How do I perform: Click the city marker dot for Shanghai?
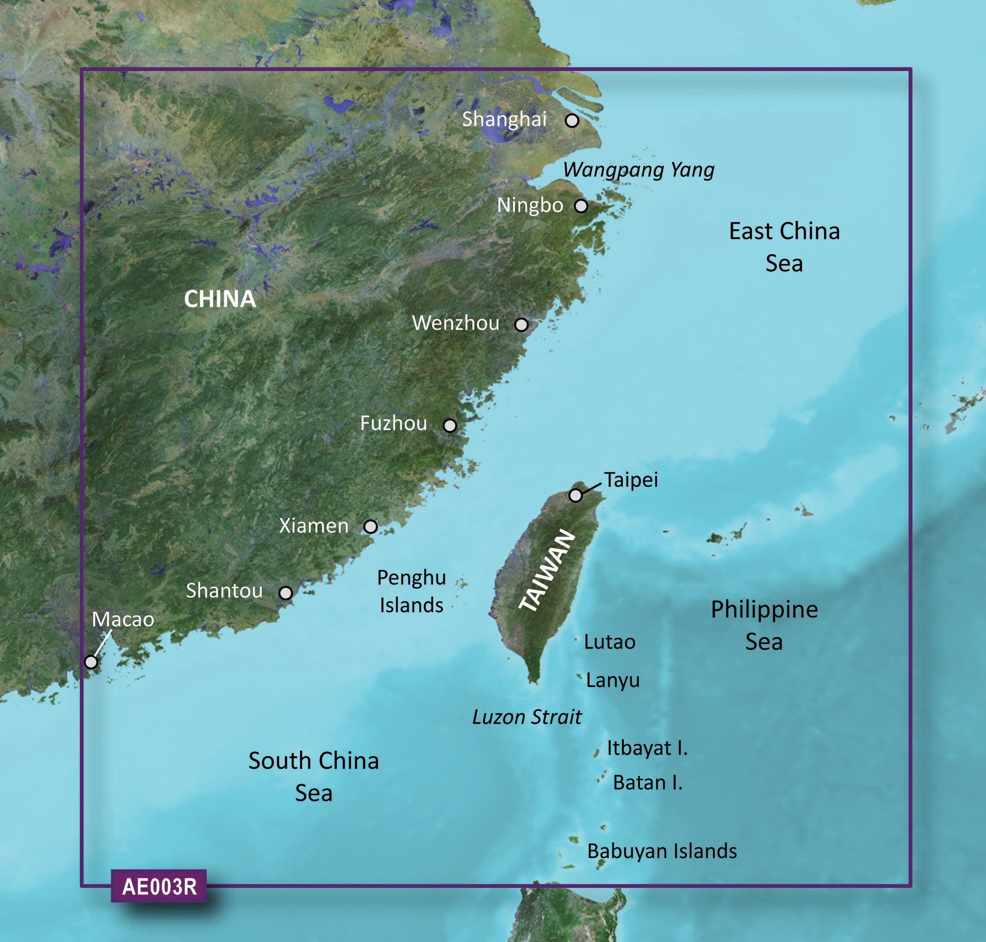(x=572, y=120)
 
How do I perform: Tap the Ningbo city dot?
(x=581, y=206)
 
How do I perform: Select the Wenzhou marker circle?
(x=521, y=324)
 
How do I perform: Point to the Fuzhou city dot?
(x=449, y=426)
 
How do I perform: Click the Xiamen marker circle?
(x=370, y=526)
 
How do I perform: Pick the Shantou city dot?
(x=285, y=593)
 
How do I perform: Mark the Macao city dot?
(x=91, y=662)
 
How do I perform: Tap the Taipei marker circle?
(x=576, y=495)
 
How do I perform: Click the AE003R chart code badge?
(x=159, y=886)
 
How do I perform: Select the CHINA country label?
(x=220, y=299)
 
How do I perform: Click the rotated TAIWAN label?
(x=547, y=571)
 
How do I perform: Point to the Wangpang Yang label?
(x=639, y=170)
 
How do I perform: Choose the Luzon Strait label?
(x=527, y=717)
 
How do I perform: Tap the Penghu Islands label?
(x=412, y=591)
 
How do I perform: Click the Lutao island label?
(x=610, y=642)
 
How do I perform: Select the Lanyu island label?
(x=613, y=680)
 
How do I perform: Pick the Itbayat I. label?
(x=647, y=748)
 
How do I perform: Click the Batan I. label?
(x=647, y=782)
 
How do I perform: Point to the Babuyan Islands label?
(x=662, y=851)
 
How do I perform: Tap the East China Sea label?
(x=784, y=247)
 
